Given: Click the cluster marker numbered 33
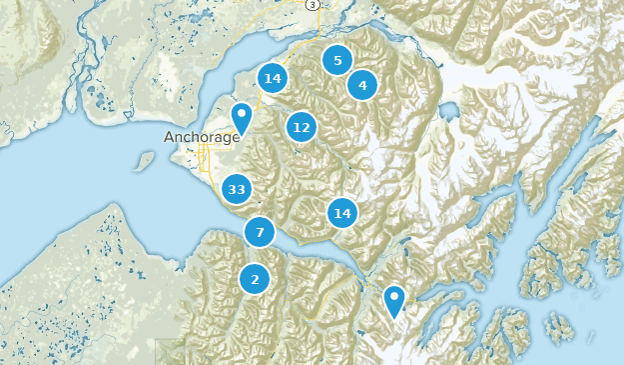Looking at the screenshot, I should click(237, 188).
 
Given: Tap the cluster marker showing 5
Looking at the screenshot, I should click(337, 61).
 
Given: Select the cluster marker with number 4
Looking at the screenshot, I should click(362, 86).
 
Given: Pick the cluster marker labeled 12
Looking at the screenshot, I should click(302, 127).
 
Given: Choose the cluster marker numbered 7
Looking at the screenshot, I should click(260, 233).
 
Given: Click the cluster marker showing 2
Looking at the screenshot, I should click(256, 279).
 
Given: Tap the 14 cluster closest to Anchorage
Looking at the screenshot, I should click(273, 78).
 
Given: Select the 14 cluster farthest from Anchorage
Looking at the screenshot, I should click(343, 213).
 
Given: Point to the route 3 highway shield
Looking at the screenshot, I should click(312, 5).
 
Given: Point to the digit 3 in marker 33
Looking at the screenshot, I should click(233, 188).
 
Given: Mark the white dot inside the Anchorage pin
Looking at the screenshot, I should click(241, 113).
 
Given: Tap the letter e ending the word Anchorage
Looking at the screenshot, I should click(236, 137).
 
